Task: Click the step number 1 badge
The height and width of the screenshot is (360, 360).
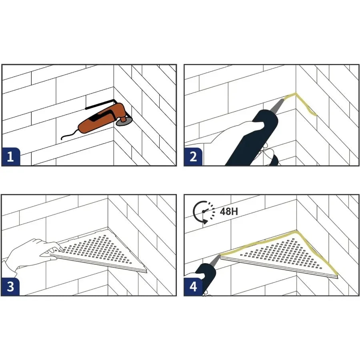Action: pyautogui.click(x=10, y=156)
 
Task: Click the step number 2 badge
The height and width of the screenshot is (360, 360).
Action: pyautogui.click(x=193, y=156)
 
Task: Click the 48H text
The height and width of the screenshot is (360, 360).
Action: pyautogui.click(x=229, y=211)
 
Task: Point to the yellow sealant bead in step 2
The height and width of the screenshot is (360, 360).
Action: pyautogui.click(x=306, y=105)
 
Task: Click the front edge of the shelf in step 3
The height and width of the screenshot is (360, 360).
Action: pyautogui.click(x=100, y=262)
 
